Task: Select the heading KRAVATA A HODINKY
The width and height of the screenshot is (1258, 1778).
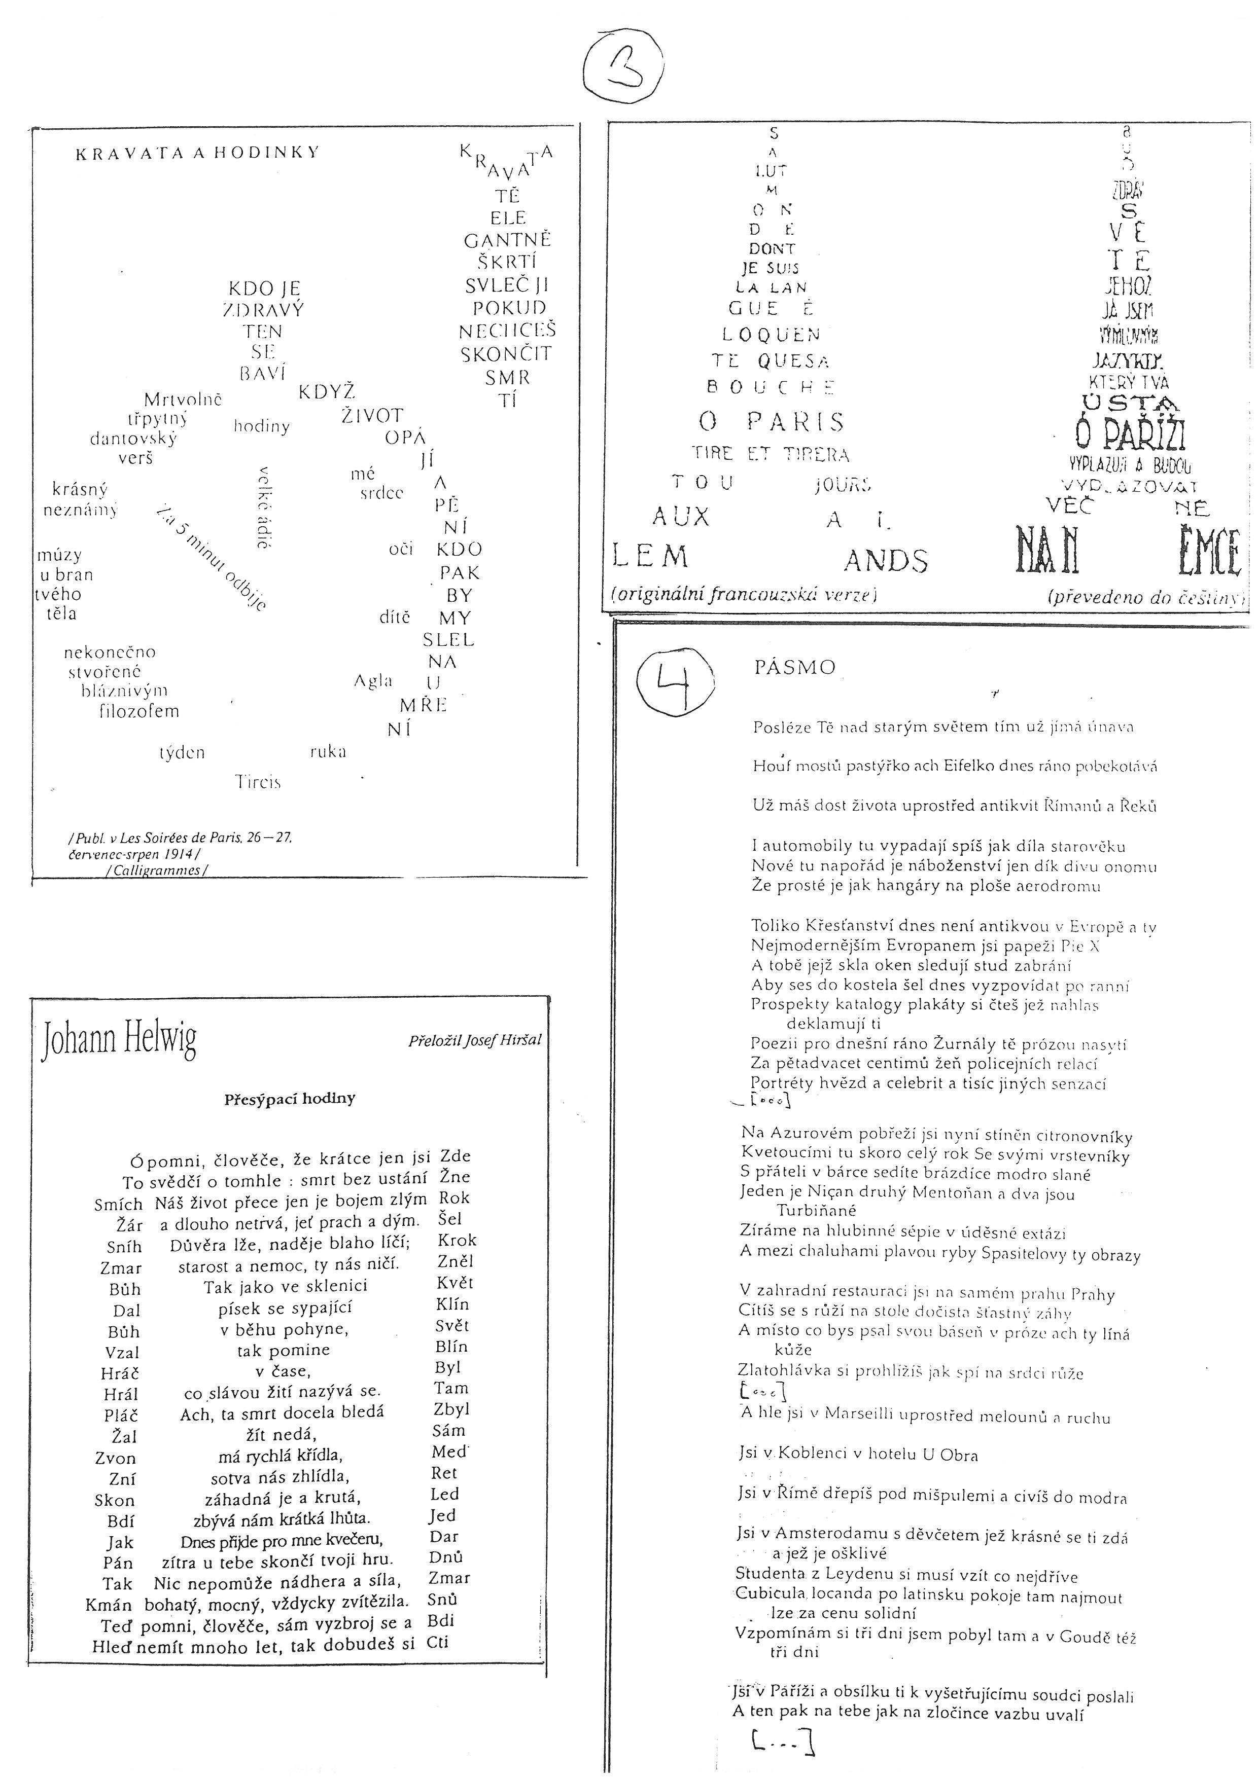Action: tap(197, 153)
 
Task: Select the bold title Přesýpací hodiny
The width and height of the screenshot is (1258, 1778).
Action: tap(290, 1098)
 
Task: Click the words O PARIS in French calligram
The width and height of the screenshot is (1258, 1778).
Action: tap(771, 422)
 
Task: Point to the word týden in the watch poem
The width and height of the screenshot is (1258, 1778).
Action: tap(182, 752)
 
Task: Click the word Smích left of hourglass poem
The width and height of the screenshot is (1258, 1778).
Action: tap(119, 1204)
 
